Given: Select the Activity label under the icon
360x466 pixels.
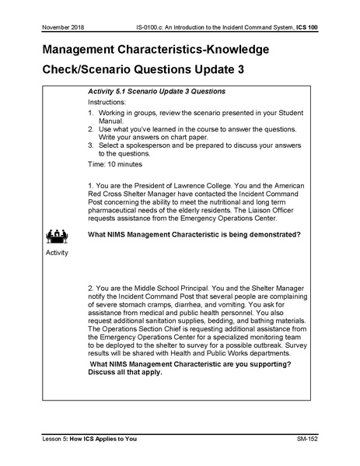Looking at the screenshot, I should pyautogui.click(x=56, y=252).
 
